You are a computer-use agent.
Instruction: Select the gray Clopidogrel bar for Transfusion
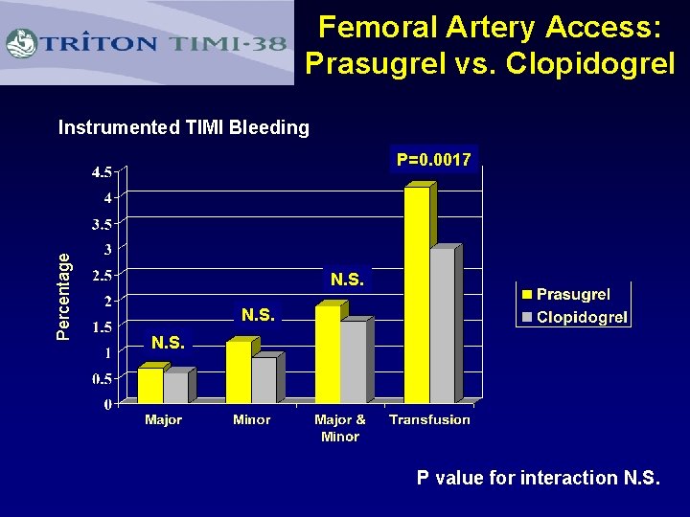click(442, 326)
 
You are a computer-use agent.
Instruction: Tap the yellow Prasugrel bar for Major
click(150, 385)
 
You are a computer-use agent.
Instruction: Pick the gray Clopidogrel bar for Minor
click(264, 379)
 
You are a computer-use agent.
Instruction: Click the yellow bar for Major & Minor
click(328, 354)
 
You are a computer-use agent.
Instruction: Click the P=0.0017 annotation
click(434, 160)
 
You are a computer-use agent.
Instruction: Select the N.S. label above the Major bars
click(169, 342)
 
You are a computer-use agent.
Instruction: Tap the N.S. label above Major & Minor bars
click(347, 280)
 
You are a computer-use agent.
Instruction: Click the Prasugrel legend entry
click(572, 294)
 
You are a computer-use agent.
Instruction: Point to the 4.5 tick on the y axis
click(101, 172)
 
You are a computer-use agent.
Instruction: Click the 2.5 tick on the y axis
click(101, 276)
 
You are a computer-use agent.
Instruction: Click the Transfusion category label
click(429, 419)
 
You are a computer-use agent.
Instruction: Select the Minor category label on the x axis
click(251, 419)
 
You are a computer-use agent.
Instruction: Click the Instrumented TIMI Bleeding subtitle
click(184, 127)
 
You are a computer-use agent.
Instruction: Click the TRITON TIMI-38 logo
click(147, 43)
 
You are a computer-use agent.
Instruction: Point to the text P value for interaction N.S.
click(538, 478)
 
